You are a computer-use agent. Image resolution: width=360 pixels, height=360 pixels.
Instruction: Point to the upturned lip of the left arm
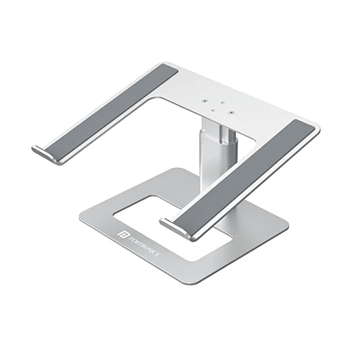point(42,152)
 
